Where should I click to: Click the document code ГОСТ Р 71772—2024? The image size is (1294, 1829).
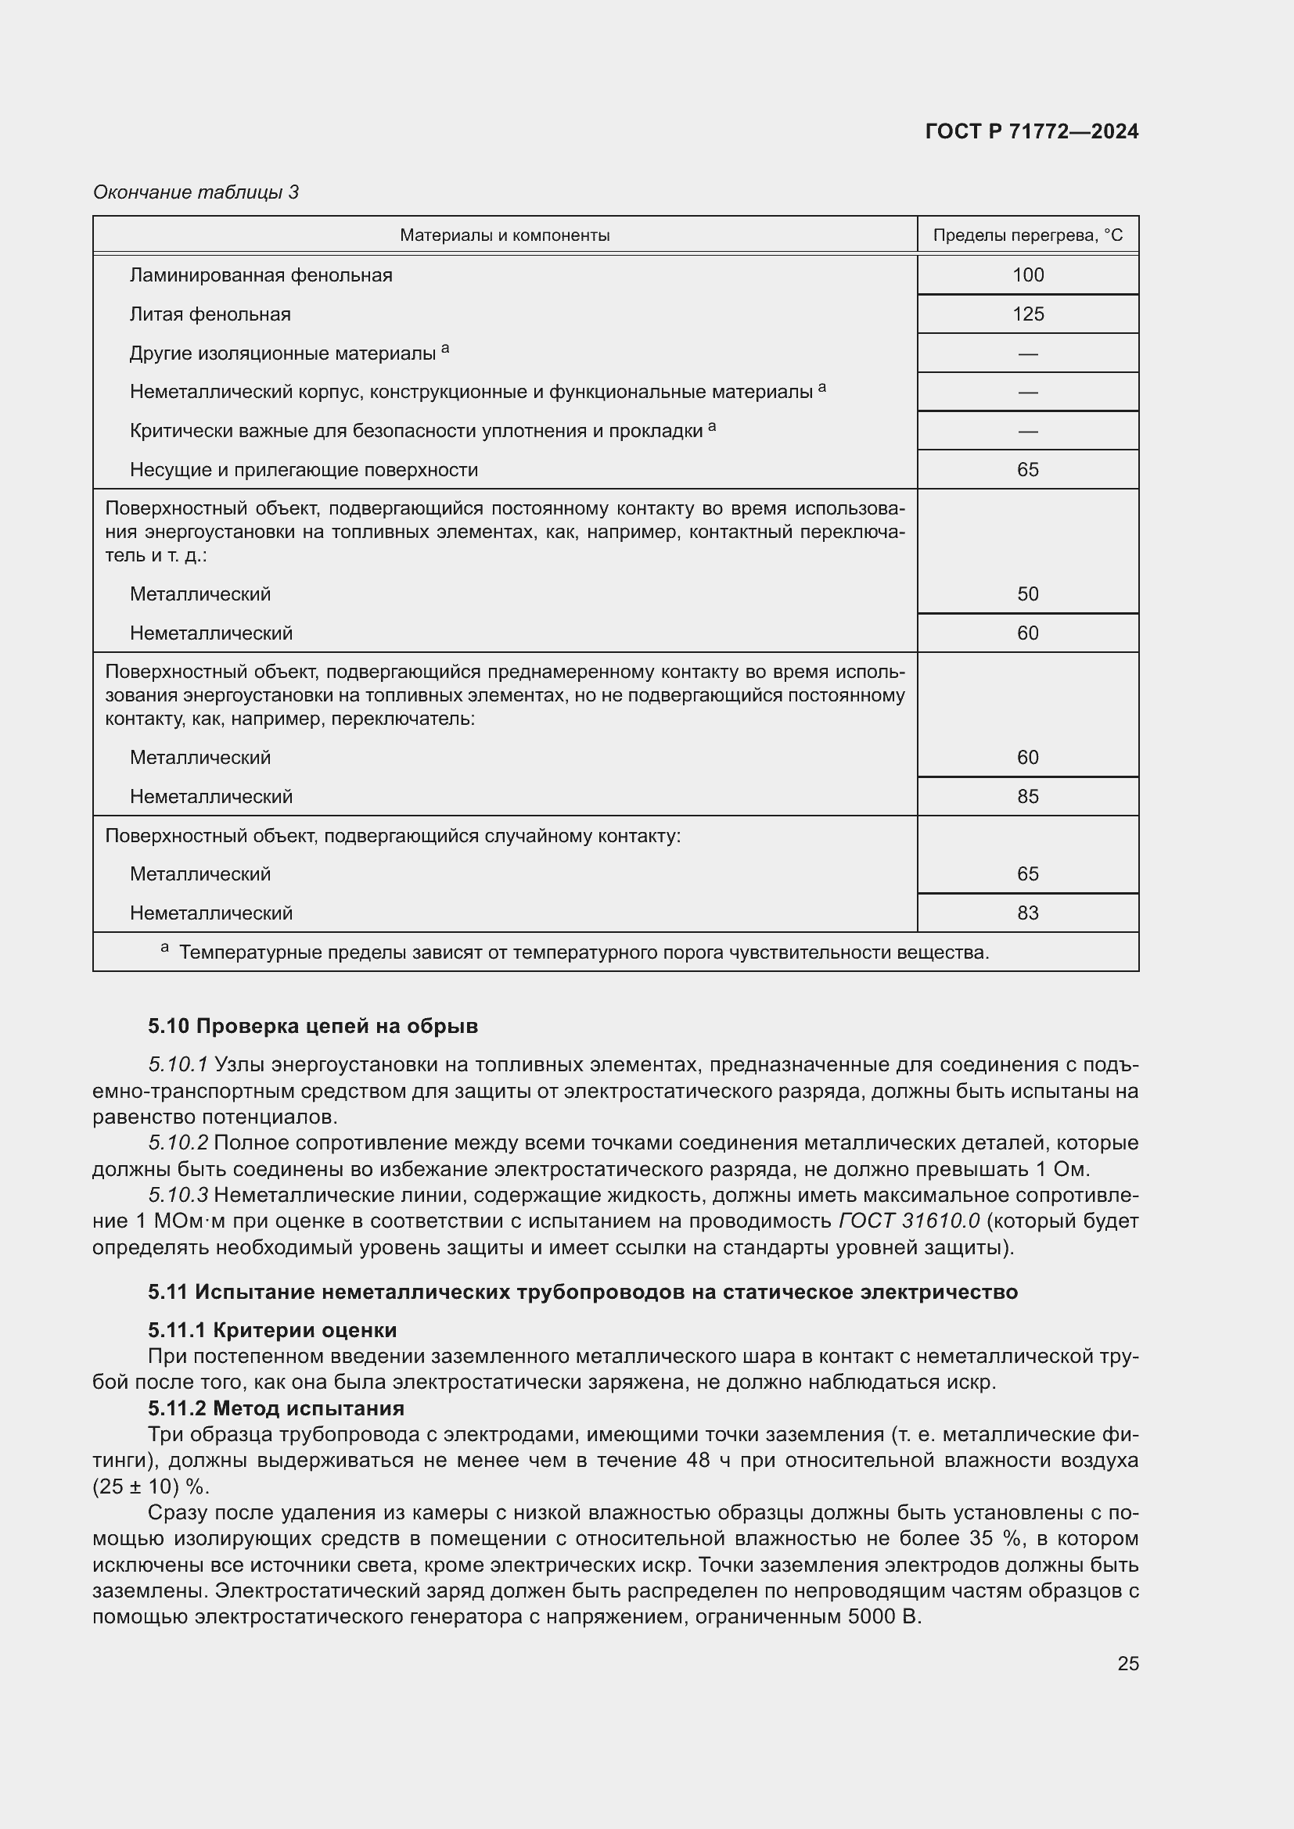[1031, 131]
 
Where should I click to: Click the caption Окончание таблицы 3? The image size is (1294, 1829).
[196, 192]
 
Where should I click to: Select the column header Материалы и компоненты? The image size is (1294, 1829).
[505, 235]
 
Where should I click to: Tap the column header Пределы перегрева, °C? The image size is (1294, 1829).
[1027, 235]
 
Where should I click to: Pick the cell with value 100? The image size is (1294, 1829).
[1027, 274]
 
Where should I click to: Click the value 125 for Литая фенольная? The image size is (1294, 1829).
[1027, 314]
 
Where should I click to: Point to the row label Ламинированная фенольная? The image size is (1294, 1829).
[261, 275]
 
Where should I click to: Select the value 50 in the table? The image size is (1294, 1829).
[1027, 594]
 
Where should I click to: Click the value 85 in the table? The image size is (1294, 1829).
[1027, 797]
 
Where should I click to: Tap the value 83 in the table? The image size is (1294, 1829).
[1027, 913]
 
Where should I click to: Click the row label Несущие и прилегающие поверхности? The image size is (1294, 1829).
[304, 470]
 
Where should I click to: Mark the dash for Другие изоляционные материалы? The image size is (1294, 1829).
[1027, 353]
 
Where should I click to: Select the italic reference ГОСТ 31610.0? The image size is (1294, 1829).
[909, 1221]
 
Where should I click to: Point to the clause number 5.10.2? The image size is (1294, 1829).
[178, 1143]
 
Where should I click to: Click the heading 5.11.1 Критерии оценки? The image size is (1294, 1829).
[271, 1330]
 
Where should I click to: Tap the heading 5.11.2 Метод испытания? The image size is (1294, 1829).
[275, 1408]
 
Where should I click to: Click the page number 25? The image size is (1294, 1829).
[1127, 1663]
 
